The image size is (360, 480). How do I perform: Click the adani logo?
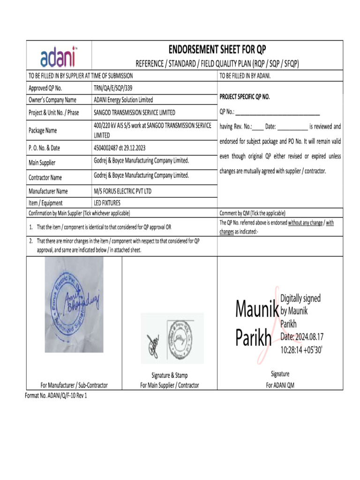(x=59, y=58)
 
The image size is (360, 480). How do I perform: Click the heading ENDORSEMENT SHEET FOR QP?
(x=217, y=50)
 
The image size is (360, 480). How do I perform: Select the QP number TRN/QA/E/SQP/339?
(x=116, y=88)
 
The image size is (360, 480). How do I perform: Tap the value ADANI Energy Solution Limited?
(x=123, y=100)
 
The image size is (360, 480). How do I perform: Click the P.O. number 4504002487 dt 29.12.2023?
(x=120, y=148)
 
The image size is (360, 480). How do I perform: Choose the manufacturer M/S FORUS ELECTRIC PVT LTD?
(x=123, y=191)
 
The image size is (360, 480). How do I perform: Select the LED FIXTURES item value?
(x=107, y=203)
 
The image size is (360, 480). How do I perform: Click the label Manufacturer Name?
(x=48, y=191)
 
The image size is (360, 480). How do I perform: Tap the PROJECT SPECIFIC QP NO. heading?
(x=245, y=97)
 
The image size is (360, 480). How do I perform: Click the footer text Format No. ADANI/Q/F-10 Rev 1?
(x=56, y=396)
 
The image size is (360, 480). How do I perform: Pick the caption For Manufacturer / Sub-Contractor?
(x=74, y=385)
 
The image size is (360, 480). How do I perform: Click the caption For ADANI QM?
(x=280, y=385)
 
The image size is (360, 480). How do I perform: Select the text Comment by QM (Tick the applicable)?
(x=252, y=213)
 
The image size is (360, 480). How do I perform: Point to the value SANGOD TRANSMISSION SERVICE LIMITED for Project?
(x=135, y=112)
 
